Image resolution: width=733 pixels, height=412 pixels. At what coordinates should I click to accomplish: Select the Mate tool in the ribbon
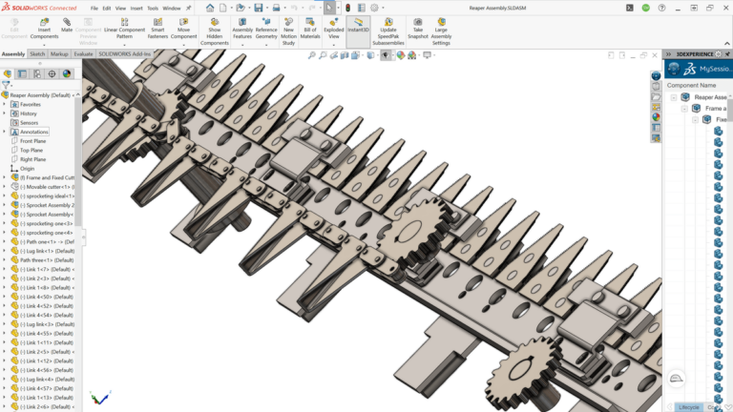pos(67,27)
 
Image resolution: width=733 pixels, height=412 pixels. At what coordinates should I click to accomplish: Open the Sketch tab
pos(37,54)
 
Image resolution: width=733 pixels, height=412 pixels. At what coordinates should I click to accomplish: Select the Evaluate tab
pos(84,54)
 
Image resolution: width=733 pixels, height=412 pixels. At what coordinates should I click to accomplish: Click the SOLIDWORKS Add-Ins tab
pos(125,54)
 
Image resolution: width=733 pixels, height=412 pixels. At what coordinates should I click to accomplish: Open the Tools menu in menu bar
pos(153,8)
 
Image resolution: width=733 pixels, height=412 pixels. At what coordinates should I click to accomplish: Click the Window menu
pos(172,8)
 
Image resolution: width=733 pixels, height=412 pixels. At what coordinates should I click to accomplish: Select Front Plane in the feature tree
pos(33,141)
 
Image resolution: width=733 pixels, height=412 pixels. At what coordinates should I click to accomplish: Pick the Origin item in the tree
pos(28,169)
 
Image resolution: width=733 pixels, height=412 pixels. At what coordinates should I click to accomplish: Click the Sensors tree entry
pos(31,123)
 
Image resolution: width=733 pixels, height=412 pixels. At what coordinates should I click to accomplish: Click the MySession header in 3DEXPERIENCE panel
pos(715,70)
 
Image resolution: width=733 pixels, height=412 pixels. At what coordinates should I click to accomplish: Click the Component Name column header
pos(692,85)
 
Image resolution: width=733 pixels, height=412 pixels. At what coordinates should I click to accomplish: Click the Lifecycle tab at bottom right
pos(688,407)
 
